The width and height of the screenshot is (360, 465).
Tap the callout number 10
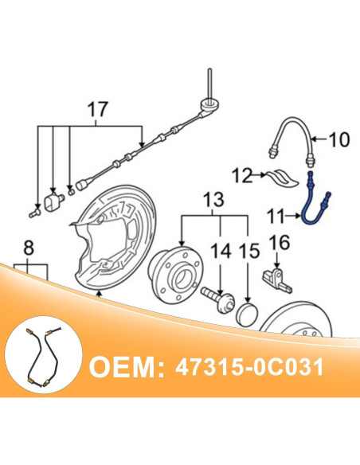[x=338, y=141]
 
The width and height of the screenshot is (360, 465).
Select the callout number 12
[x=243, y=174]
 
